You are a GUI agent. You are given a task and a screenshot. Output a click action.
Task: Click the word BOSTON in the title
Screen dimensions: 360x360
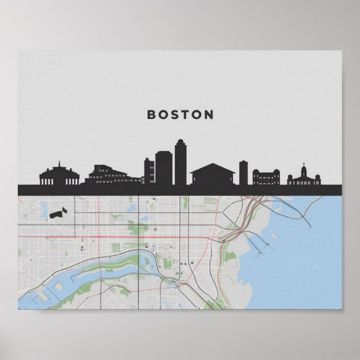180,115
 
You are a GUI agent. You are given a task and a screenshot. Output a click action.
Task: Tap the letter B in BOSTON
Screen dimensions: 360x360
151,115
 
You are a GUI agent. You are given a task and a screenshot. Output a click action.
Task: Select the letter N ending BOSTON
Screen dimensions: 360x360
209,115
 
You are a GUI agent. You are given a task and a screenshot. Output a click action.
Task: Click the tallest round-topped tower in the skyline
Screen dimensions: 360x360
181,163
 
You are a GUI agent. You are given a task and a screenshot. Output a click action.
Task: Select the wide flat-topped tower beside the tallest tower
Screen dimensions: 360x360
163,168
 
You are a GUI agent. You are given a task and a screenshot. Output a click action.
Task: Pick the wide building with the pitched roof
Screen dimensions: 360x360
212,174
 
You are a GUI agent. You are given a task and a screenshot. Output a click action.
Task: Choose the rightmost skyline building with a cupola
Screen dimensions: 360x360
304,178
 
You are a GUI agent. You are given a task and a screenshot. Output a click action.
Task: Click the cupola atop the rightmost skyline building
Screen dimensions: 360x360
304,168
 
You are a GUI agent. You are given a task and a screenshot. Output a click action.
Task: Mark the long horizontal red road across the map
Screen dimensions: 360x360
112,236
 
